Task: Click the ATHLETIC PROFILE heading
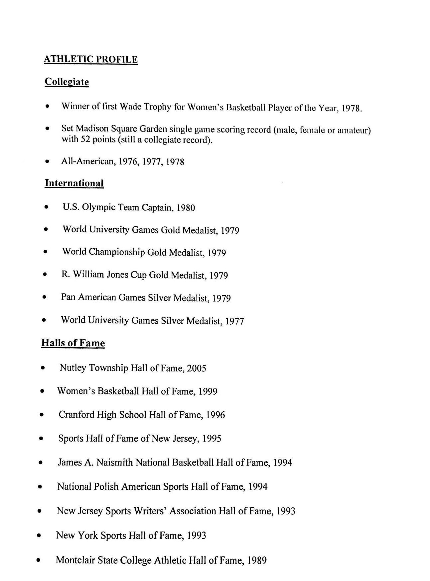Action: click(x=90, y=59)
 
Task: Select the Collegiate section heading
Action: click(x=67, y=82)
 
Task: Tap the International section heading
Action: click(x=74, y=183)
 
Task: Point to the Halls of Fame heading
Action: click(x=73, y=343)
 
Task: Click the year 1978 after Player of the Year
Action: click(x=351, y=109)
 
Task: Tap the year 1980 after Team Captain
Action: click(x=186, y=208)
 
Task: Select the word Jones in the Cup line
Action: click(x=117, y=275)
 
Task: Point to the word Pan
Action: click(x=68, y=297)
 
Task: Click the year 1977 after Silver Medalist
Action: click(x=234, y=321)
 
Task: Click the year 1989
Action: click(x=257, y=560)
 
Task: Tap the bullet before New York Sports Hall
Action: click(x=39, y=536)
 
